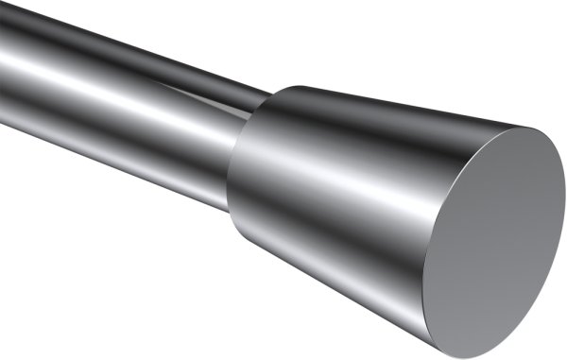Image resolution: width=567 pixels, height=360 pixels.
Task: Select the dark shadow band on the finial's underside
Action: coord(359,274)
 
